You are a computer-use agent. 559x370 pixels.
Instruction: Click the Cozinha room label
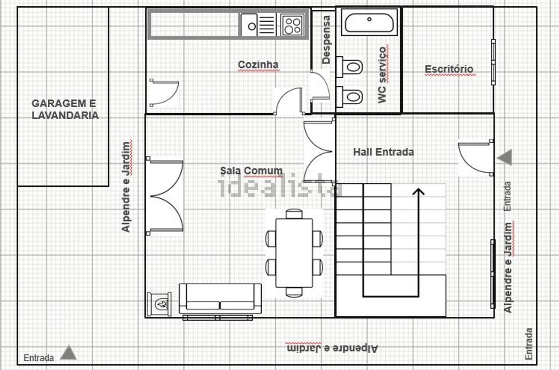[258, 64]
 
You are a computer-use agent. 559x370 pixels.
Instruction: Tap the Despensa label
[326, 39]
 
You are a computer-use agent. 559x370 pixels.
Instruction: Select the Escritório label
[449, 69]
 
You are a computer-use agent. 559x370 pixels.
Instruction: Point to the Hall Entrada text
[383, 152]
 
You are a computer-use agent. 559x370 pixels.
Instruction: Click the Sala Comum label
[251, 171]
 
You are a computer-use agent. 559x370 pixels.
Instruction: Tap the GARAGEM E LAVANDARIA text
[65, 109]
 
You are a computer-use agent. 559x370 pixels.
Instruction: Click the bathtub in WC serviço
[369, 23]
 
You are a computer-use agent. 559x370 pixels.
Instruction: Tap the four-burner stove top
[293, 25]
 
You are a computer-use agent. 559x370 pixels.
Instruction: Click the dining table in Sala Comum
[294, 253]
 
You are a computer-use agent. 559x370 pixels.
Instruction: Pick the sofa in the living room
[220, 298]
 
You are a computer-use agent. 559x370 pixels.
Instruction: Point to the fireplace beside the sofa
[159, 304]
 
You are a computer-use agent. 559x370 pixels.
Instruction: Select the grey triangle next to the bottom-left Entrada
[68, 352]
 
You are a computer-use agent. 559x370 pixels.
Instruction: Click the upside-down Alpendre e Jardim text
[332, 348]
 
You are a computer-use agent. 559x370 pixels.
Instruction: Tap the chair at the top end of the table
[294, 214]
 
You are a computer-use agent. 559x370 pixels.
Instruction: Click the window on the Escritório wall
[493, 62]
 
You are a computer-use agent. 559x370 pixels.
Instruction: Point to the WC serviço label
[382, 75]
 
